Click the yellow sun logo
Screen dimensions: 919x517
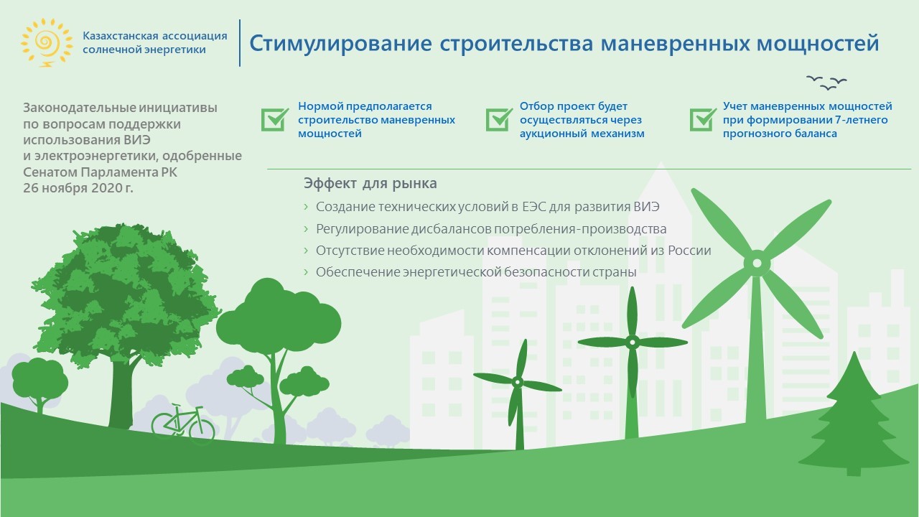47,42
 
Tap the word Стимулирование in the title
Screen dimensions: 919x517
340,44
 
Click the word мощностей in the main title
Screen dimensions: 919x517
818,42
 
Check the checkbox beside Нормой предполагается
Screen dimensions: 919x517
274,119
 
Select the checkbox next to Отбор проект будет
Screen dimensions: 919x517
499,119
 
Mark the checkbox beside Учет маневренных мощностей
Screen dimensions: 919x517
703,119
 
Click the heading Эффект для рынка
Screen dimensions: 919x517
370,183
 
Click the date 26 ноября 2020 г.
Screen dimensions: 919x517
78,188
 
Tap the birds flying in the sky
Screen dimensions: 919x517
826,83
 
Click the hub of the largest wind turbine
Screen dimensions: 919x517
757,263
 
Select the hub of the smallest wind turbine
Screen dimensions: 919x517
518,383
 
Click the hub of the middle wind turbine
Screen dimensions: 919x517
633,342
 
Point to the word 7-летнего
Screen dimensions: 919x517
864,120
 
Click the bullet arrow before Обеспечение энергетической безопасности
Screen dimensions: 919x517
306,271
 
